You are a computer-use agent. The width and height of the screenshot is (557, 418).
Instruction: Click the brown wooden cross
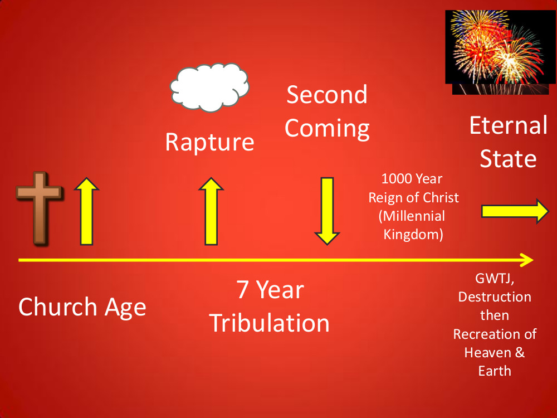[x=39, y=208]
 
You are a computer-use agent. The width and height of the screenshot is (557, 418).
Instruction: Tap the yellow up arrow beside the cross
[x=86, y=211]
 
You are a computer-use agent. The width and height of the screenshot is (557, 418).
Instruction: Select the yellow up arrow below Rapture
[x=211, y=211]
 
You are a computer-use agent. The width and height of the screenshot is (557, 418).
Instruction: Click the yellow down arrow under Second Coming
[x=327, y=211]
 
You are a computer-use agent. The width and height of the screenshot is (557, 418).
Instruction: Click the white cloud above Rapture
[x=209, y=87]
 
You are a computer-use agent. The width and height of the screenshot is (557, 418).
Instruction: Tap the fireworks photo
[x=500, y=52]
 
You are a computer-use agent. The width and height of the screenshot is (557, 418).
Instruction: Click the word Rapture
[x=209, y=143]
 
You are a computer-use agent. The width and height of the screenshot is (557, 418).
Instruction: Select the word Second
[x=327, y=95]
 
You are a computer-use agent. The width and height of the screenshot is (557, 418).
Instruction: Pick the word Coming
[x=327, y=129]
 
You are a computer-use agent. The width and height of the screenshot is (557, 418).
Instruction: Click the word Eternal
[x=509, y=125]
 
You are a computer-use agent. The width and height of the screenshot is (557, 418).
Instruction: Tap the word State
[x=508, y=158]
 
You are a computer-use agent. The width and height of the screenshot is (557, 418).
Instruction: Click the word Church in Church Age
[x=57, y=307]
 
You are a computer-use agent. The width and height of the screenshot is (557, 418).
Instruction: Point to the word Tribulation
[x=269, y=323]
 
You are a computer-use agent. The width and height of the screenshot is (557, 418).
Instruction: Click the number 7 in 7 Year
[x=242, y=290]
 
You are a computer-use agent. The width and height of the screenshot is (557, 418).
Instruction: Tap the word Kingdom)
[x=413, y=235]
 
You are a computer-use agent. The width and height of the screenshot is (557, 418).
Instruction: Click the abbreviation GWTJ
[x=495, y=278]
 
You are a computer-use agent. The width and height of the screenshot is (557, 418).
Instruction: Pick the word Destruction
[x=495, y=297]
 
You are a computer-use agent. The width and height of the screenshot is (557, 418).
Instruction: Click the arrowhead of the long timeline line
[x=527, y=260]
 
